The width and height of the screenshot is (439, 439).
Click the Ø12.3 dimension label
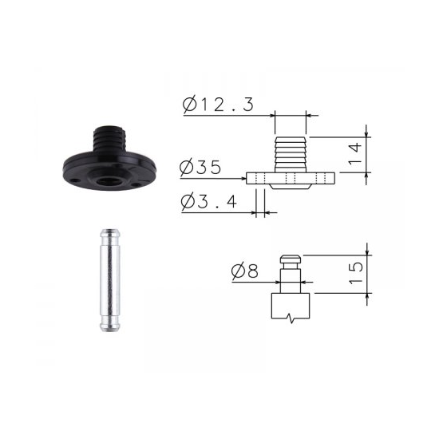click(x=218, y=105)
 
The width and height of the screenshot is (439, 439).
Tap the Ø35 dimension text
click(x=200, y=168)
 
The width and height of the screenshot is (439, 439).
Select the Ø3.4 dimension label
click(x=209, y=201)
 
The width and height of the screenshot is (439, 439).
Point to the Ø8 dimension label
click(x=245, y=271)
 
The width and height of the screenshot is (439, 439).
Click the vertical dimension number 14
click(x=355, y=154)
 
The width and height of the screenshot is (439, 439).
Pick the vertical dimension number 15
click(x=356, y=273)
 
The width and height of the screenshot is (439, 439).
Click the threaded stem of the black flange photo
click(x=110, y=138)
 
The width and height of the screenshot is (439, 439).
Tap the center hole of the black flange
click(x=107, y=181)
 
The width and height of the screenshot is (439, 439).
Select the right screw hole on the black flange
click(x=136, y=184)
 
